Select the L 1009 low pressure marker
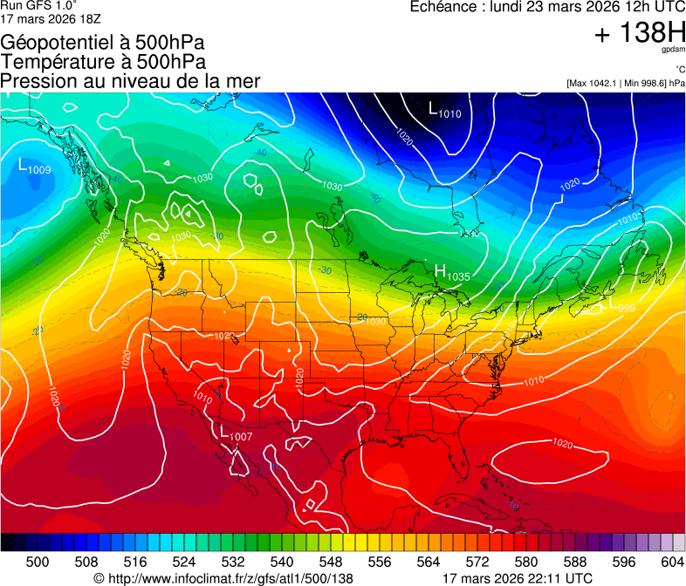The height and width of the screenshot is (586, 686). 34,166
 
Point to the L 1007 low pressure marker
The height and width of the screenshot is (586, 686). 235,433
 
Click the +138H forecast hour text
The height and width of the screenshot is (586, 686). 639,33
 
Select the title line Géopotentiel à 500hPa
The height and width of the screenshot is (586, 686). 103,43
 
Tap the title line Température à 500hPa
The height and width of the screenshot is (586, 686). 103,62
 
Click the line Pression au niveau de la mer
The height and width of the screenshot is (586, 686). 131,81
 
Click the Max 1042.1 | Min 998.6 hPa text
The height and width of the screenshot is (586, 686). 625,83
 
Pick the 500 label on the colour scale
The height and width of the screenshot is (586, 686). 38,561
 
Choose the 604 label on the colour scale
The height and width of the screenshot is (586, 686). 672,561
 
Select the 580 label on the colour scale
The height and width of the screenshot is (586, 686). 525,561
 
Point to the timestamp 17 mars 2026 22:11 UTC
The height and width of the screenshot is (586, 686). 517,577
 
